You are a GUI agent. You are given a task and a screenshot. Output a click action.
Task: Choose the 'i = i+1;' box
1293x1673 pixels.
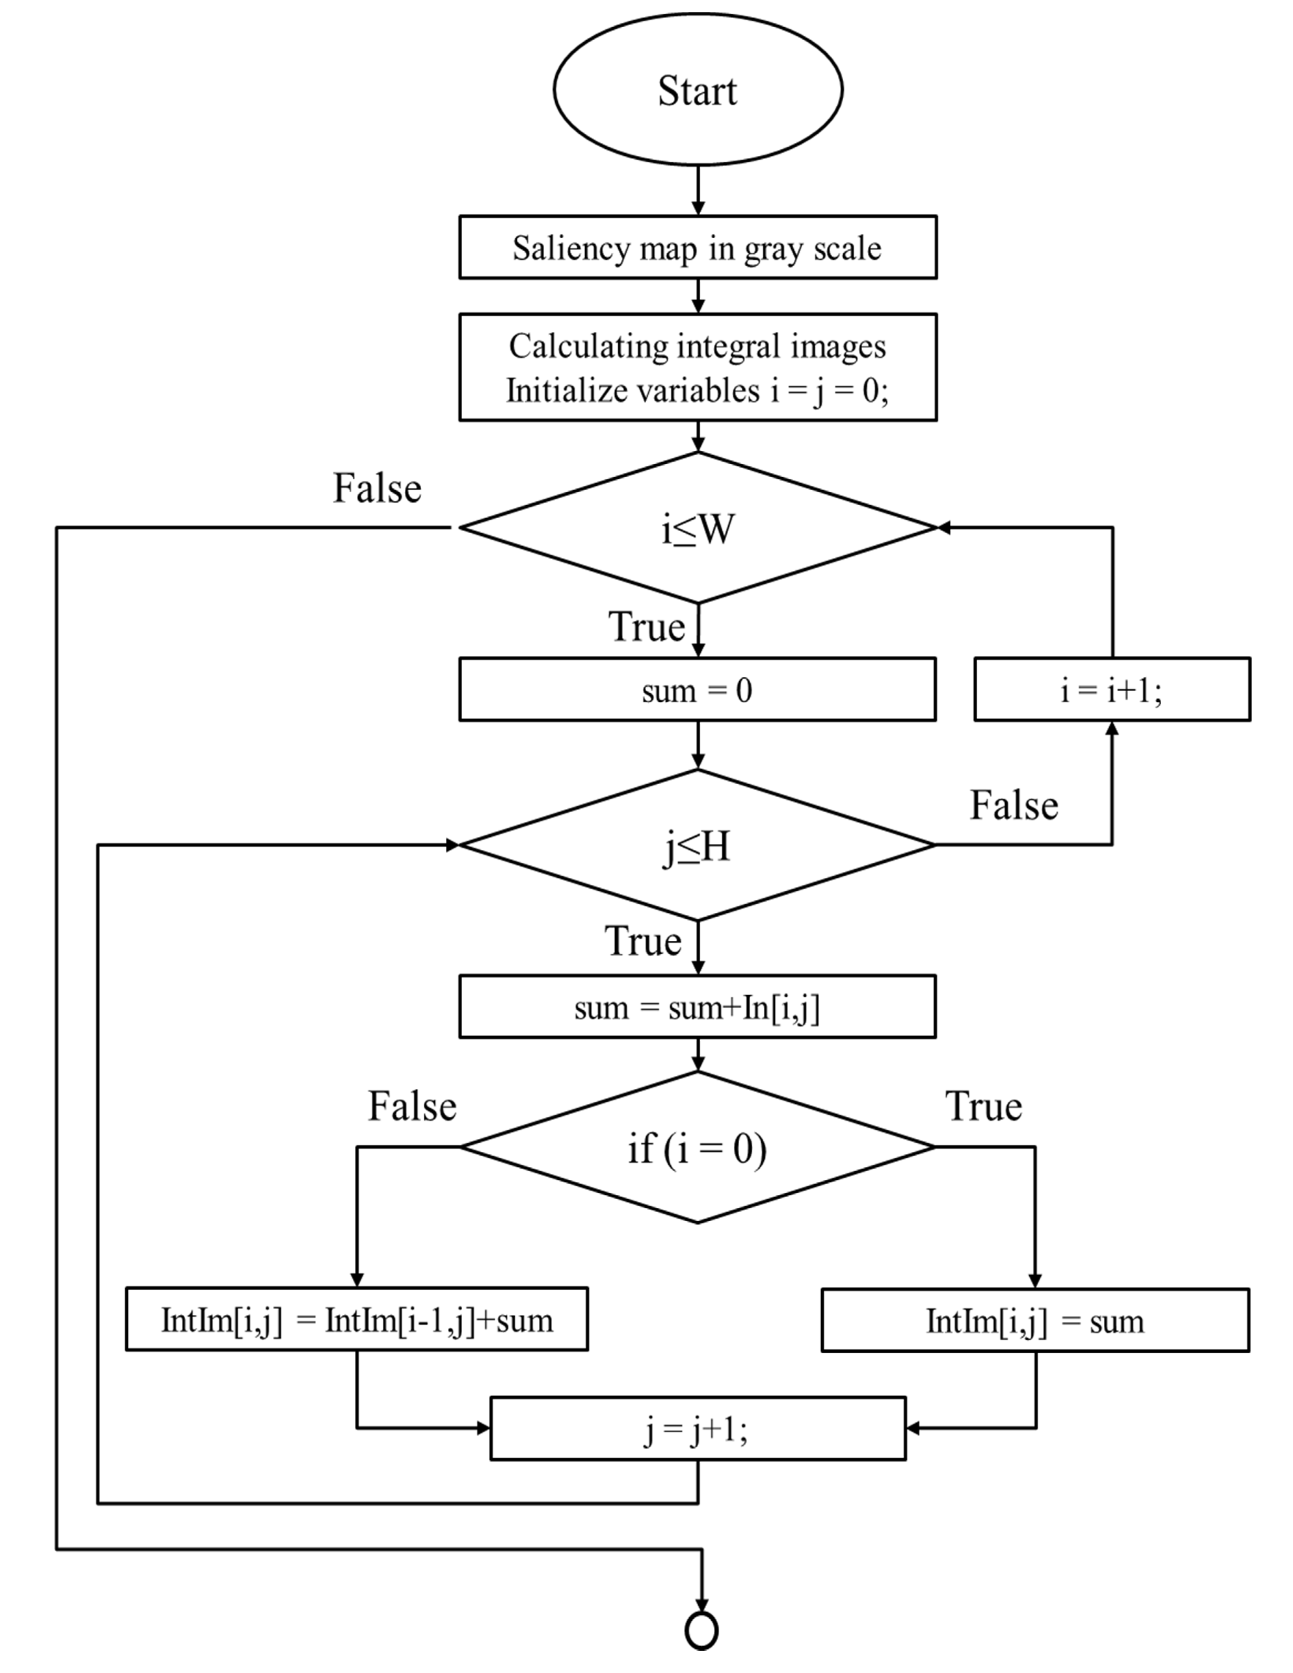[x=1112, y=689]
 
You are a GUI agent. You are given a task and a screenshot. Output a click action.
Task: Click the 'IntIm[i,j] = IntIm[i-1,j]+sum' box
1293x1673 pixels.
[x=357, y=1319]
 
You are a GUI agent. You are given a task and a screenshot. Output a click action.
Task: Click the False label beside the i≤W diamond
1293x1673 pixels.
[x=377, y=488]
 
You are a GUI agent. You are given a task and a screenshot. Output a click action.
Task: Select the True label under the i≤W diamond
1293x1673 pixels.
[x=646, y=627]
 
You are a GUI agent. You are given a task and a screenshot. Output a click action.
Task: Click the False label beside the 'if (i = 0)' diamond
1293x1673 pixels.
[x=412, y=1106]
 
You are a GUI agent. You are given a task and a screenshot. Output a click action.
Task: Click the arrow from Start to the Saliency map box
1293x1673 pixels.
[x=698, y=190]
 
